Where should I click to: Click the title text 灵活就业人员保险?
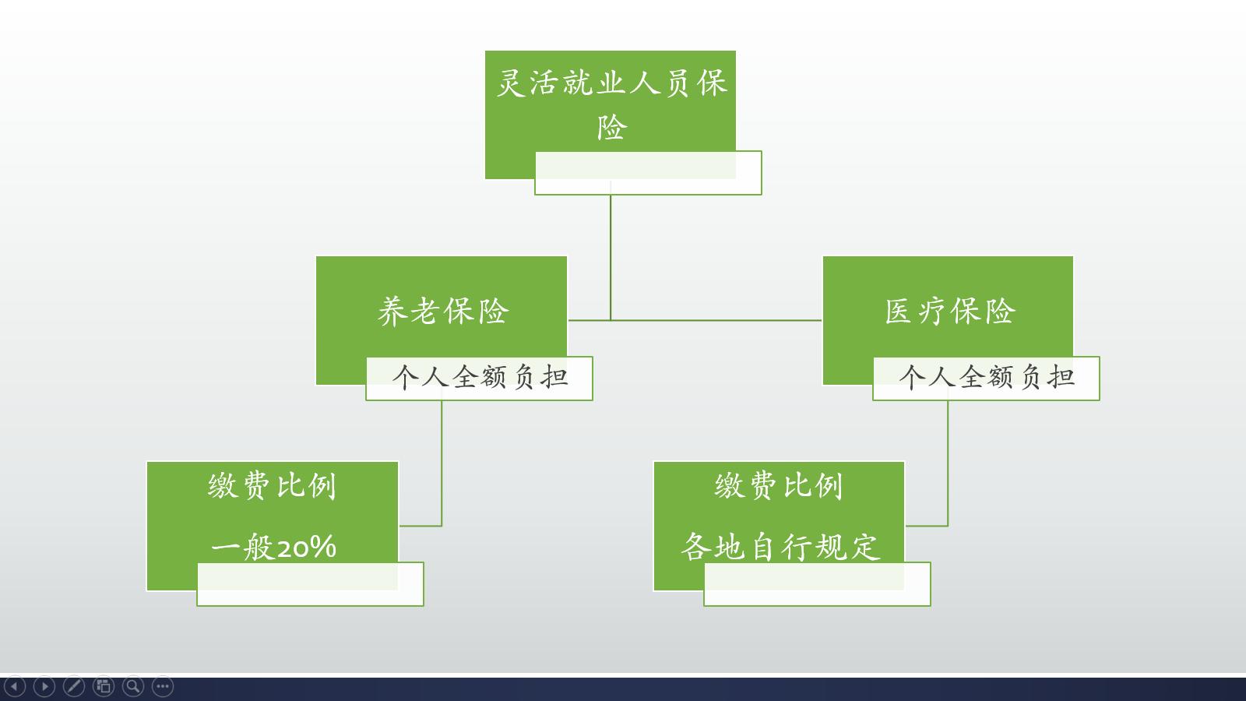tap(611, 104)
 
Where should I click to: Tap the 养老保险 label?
tap(443, 312)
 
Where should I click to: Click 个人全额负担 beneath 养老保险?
tap(480, 378)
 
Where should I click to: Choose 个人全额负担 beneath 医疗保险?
tap(987, 378)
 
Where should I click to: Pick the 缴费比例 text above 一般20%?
tap(273, 486)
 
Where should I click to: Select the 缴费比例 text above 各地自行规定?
tap(780, 486)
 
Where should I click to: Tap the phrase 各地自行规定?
tap(780, 547)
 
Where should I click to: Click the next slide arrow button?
tap(44, 686)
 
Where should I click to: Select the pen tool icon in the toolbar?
tap(74, 686)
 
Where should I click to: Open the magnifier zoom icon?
tap(133, 686)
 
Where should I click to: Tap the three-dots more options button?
tap(163, 686)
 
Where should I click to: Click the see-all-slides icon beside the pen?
tap(104, 686)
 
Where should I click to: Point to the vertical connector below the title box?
tap(611, 257)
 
